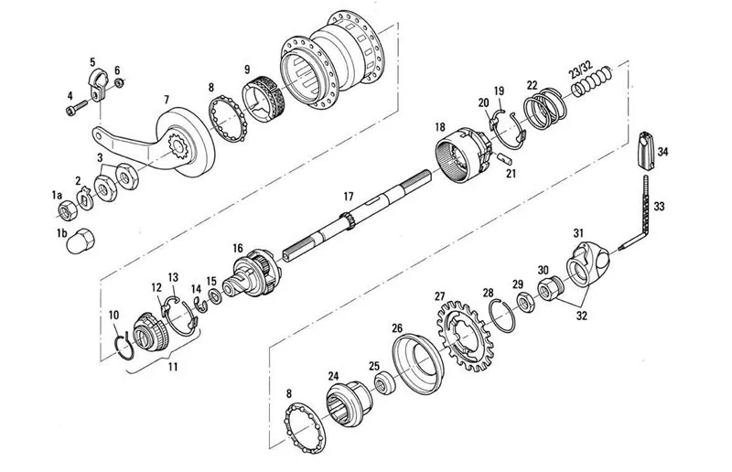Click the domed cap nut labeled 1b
pos(81,241)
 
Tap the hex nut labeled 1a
pos(67,210)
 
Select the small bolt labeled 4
pos(77,108)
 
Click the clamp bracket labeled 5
pos(98,84)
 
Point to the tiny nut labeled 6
pos(119,83)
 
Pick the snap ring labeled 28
pos(502,316)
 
